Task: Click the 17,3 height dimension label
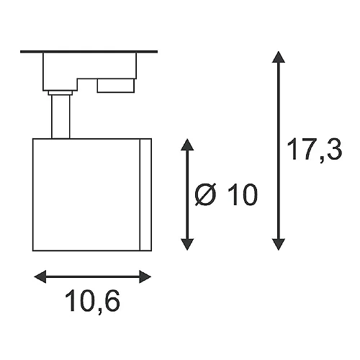(x=314, y=150)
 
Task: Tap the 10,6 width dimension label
(x=92, y=302)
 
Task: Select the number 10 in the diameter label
(x=242, y=194)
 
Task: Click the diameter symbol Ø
(x=206, y=194)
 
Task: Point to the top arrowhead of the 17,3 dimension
(x=279, y=57)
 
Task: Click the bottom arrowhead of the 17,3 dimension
(x=279, y=245)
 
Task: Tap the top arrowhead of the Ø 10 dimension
(x=187, y=145)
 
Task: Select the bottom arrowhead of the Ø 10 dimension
(x=187, y=245)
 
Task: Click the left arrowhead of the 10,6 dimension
(x=40, y=276)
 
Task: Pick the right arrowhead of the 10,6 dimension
(x=145, y=276)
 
